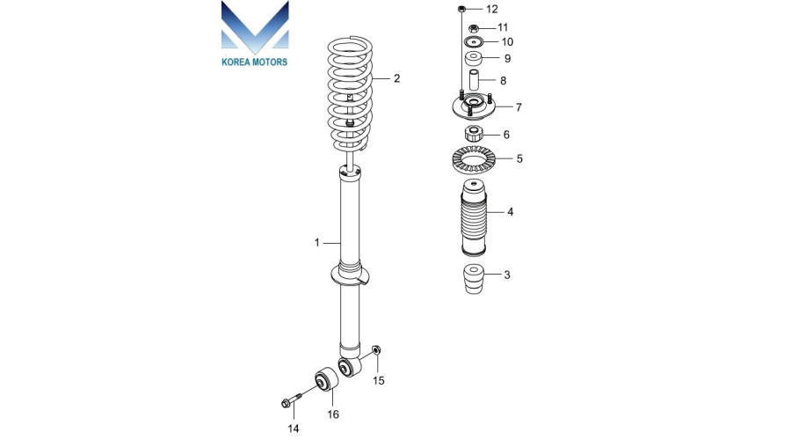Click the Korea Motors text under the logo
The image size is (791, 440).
[255, 62]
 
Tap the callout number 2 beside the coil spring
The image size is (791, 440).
[397, 78]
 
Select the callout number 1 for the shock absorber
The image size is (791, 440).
[316, 243]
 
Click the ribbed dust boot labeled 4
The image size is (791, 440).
[475, 217]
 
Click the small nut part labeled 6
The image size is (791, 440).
[474, 135]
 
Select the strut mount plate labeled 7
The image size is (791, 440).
[473, 107]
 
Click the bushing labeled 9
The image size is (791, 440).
[474, 59]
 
